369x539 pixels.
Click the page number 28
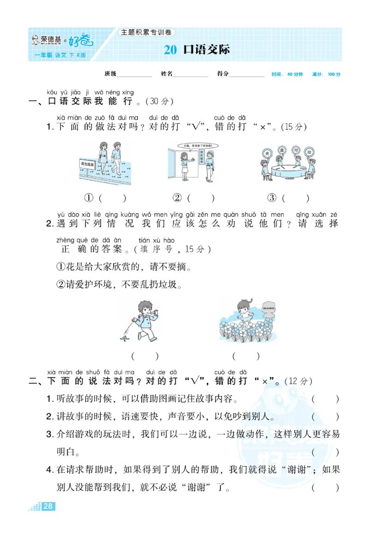[48, 507]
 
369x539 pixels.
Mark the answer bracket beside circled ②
[201, 198]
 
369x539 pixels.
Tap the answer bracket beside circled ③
[296, 198]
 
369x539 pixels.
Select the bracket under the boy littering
[145, 356]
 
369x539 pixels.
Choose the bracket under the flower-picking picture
[246, 356]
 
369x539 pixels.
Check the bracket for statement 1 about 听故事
[325, 399]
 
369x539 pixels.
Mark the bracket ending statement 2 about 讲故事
[325, 417]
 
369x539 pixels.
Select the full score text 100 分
[333, 74]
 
